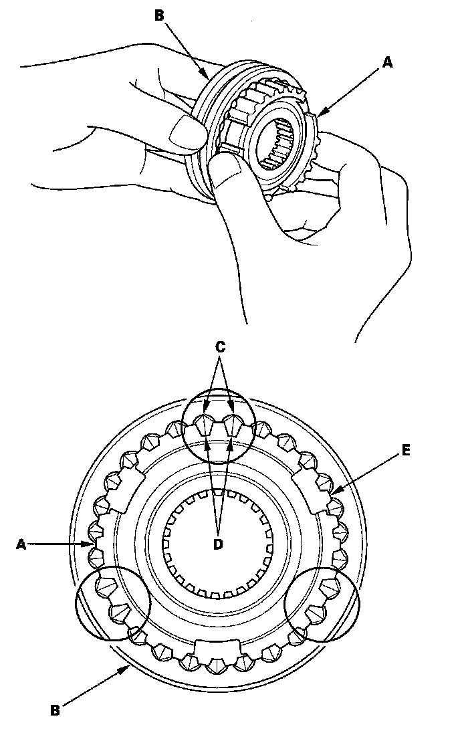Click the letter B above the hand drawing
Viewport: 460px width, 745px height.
pos(159,15)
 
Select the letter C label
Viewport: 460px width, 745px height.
pos(220,346)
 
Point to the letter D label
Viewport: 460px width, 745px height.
pos(217,544)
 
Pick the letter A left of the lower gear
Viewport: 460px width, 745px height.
pos(21,544)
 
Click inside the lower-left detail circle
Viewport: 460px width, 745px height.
pos(112,603)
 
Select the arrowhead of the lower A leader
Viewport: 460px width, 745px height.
pos(92,544)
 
